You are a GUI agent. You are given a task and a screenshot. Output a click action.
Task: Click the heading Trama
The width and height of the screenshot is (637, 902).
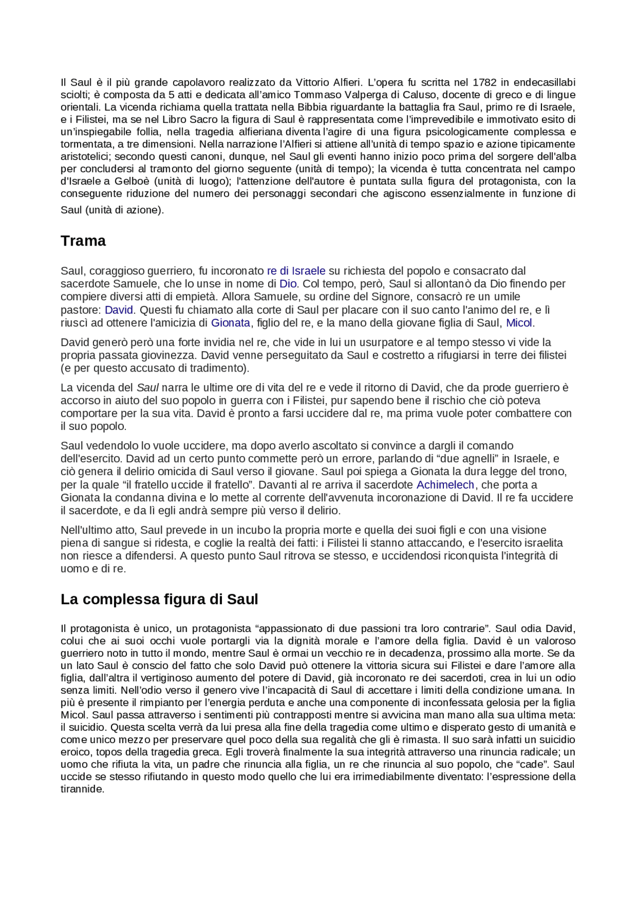83,241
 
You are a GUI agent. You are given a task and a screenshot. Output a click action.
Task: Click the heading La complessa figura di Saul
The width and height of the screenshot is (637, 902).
159,599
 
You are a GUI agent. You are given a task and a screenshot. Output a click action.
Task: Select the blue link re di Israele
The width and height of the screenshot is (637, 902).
296,271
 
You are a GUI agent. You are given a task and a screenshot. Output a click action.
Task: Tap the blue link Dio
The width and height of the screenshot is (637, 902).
288,284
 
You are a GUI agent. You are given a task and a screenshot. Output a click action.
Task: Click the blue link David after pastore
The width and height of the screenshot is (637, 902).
118,310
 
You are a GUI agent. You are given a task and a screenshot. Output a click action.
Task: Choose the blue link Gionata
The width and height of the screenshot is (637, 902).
230,323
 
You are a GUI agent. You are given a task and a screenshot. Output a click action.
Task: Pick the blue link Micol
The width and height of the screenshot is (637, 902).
519,323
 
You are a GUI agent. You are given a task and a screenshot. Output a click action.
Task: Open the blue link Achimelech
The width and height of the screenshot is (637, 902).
445,485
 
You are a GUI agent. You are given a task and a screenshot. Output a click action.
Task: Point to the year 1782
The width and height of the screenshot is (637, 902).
484,82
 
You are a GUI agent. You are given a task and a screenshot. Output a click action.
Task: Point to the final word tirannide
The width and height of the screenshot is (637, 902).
82,789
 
